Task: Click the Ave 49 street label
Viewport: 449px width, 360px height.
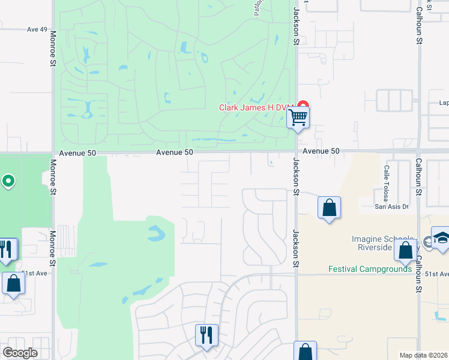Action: (x=37, y=29)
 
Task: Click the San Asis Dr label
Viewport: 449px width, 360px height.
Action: (x=391, y=207)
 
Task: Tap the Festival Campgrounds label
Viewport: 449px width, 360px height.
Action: (x=370, y=269)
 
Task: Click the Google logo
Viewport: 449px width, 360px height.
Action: (x=20, y=353)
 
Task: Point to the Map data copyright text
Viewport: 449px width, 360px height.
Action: (x=424, y=355)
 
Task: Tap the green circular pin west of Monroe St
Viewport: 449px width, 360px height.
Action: (x=8, y=181)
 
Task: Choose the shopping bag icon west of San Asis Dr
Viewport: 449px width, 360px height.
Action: (x=329, y=208)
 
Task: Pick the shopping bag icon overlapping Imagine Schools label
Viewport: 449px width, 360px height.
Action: (x=406, y=251)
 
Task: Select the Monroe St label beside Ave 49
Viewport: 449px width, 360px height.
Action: (x=53, y=49)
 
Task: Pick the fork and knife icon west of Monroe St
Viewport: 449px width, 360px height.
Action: (x=7, y=249)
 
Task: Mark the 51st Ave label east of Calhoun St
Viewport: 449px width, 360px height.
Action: (x=437, y=273)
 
